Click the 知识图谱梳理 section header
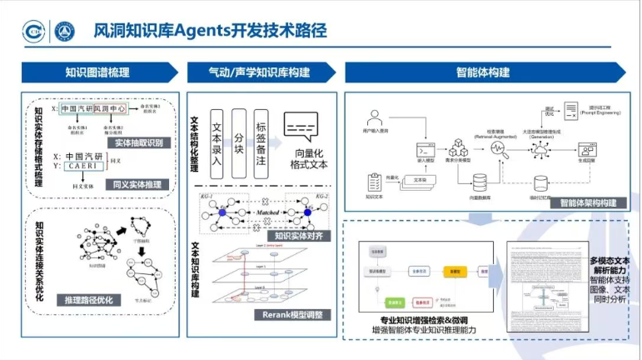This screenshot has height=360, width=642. click(97, 72)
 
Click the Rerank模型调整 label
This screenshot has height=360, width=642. click(285, 315)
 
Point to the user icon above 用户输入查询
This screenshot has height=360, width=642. click(376, 117)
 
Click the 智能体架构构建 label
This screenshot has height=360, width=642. click(588, 202)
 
